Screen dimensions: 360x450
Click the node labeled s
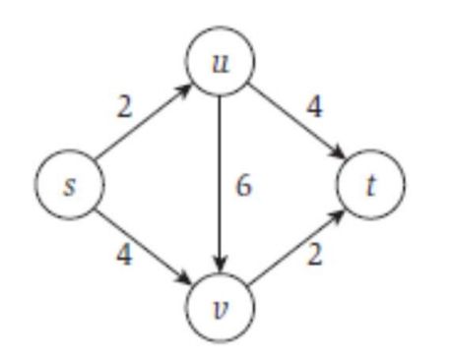(68, 186)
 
